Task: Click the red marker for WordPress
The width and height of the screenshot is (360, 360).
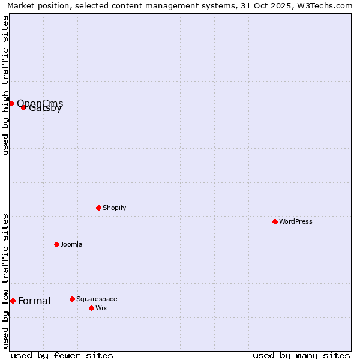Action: pyautogui.click(x=275, y=221)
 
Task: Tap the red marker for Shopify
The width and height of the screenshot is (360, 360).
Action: pyautogui.click(x=98, y=208)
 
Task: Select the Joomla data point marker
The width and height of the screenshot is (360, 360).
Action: pyautogui.click(x=56, y=244)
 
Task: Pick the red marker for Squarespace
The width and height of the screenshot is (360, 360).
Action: pyautogui.click(x=72, y=299)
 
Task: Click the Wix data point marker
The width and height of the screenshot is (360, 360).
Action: pyautogui.click(x=91, y=308)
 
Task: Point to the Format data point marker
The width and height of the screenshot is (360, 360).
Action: pyautogui.click(x=13, y=301)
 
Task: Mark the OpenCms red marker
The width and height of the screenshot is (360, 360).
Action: pyautogui.click(x=11, y=103)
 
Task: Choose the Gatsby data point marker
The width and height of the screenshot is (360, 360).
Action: pyautogui.click(x=23, y=107)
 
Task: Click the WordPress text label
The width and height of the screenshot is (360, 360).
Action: pyautogui.click(x=296, y=221)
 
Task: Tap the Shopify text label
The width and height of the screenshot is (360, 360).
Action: pyautogui.click(x=115, y=208)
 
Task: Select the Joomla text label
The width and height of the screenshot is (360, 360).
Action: pyautogui.click(x=71, y=244)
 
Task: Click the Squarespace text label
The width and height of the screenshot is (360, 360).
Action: pyautogui.click(x=97, y=299)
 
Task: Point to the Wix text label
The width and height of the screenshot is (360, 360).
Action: pyautogui.click(x=101, y=308)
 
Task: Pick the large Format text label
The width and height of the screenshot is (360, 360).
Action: pyautogui.click(x=35, y=301)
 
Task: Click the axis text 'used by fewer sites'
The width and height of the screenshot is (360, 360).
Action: pyautogui.click(x=62, y=355)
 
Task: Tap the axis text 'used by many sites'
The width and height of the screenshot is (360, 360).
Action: pyautogui.click(x=301, y=355)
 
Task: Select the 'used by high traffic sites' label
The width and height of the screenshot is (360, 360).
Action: pyautogui.click(x=5, y=85)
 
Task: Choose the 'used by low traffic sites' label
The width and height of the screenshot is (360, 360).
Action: pyautogui.click(x=5, y=281)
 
